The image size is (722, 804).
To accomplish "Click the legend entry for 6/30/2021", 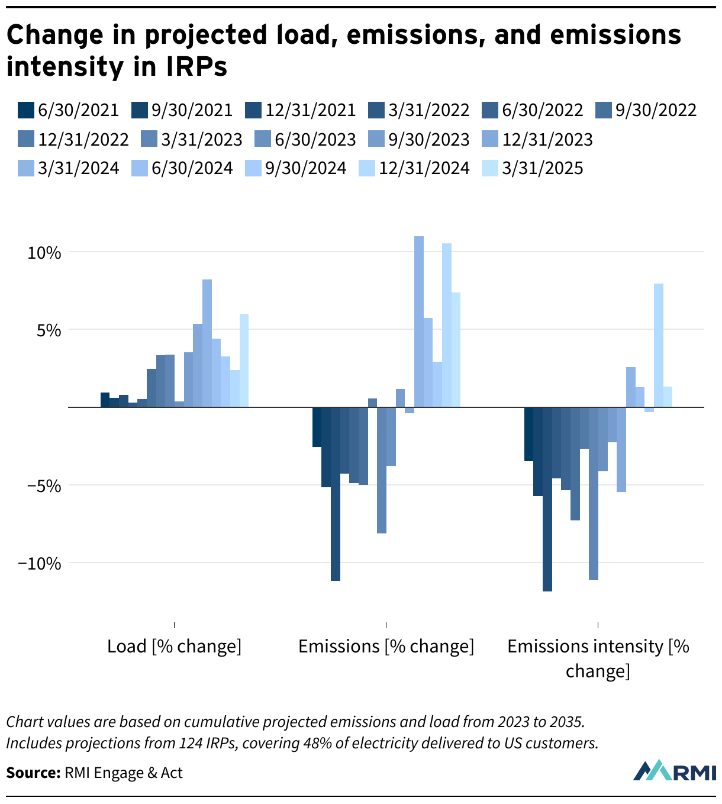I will click(69, 111).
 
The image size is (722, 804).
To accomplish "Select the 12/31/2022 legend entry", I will click(73, 140).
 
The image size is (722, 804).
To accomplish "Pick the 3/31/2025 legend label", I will click(533, 169).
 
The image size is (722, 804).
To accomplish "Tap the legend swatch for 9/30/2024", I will click(253, 169).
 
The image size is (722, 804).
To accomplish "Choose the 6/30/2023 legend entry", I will click(305, 140).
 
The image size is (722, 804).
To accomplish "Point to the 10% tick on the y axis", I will click(44, 253).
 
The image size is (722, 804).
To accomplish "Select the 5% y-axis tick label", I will click(49, 330).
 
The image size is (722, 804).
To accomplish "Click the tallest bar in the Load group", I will click(207, 343).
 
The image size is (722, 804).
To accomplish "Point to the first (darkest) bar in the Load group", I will click(105, 400).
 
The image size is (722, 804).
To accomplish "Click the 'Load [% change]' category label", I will click(174, 647).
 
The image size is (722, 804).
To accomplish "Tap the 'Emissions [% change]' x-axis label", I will click(386, 647).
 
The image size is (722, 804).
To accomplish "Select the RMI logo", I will click(674, 770).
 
